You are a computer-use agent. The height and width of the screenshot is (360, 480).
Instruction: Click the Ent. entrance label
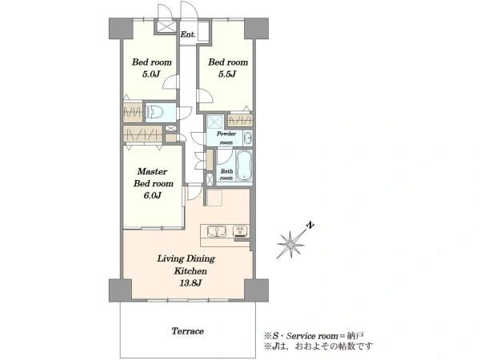(x=188, y=34)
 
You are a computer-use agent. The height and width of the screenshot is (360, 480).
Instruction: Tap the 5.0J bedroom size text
(x=151, y=74)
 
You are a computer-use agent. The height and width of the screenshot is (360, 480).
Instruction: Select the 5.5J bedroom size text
(x=227, y=74)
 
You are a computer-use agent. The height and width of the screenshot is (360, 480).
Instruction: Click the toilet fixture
(x=155, y=113)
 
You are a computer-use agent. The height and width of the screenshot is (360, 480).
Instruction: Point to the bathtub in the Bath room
(x=244, y=165)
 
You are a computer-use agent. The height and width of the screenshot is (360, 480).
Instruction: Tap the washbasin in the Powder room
(x=248, y=138)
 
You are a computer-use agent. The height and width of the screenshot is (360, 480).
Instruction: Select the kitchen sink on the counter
(x=217, y=231)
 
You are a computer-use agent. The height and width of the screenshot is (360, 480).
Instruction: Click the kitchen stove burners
(x=241, y=231)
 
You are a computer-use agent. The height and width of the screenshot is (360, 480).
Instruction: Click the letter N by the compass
(x=310, y=226)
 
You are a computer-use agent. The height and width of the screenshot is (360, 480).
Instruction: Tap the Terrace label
(x=188, y=331)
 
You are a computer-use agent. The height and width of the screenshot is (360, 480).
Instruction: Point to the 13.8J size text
(x=190, y=283)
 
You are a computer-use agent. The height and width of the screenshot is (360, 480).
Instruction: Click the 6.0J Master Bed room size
(x=153, y=195)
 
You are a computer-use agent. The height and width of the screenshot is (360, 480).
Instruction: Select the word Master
(x=153, y=171)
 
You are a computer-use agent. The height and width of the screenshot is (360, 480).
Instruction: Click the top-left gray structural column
(x=121, y=29)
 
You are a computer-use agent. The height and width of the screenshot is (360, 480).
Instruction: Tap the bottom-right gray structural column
(x=257, y=290)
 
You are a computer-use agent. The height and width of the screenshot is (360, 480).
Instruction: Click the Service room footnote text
(x=314, y=336)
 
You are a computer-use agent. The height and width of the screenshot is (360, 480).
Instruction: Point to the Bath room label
(x=226, y=174)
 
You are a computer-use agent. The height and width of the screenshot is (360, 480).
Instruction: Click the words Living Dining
(x=186, y=259)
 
